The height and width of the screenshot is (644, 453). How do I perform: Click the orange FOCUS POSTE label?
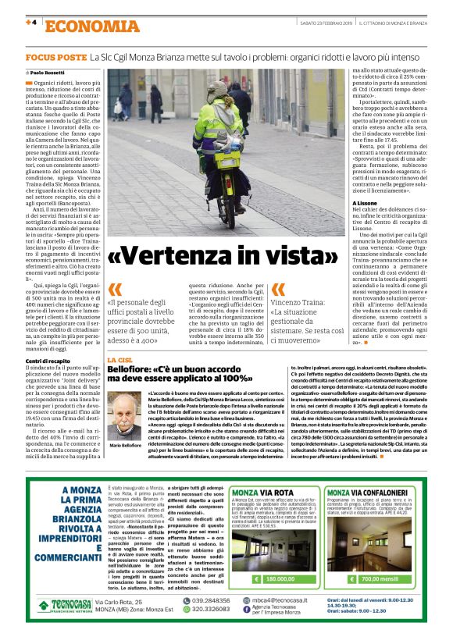55,59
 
